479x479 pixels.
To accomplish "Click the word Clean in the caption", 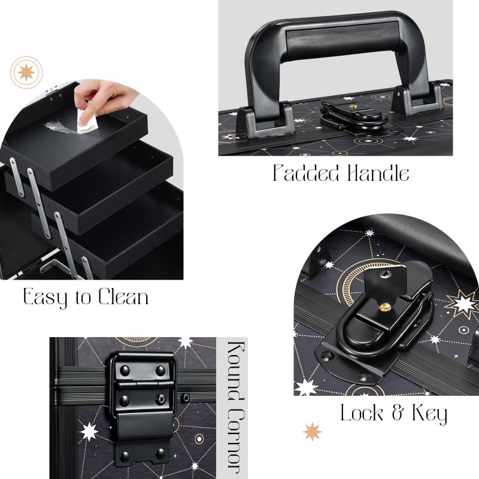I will click(x=119, y=297).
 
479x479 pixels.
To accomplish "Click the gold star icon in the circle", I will click(x=26, y=72).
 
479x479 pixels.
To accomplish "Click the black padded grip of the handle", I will click(x=338, y=36).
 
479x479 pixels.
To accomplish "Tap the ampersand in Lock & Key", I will click(x=398, y=414).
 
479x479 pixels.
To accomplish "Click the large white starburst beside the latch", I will click(x=464, y=304).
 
